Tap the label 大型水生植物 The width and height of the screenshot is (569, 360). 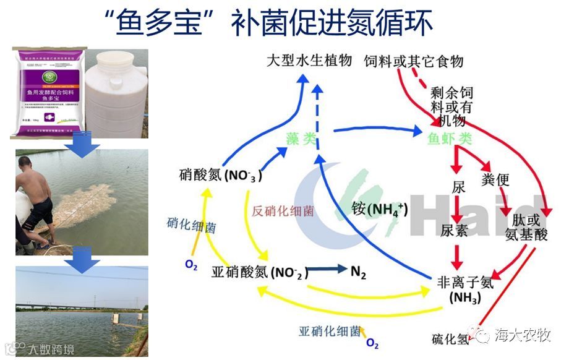309,60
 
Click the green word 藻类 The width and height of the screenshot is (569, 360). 301,140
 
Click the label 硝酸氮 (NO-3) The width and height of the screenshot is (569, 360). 219,175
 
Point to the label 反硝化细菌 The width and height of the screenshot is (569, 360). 283,210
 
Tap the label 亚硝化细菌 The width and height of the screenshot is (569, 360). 329,330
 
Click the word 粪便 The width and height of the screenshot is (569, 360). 495,180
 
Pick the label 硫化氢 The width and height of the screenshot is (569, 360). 451,339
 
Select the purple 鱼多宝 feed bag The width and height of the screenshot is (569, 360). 50,92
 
